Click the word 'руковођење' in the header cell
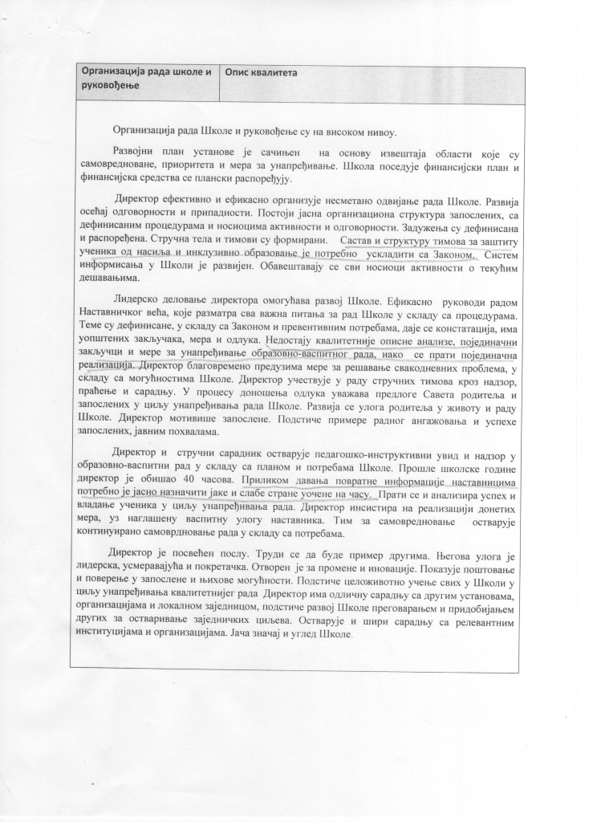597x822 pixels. [x=109, y=85]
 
